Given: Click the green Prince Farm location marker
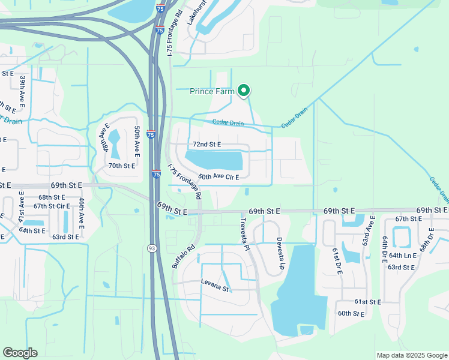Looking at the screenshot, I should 244,91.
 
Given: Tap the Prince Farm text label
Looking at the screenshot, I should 212,91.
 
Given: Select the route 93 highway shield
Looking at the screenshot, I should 153,248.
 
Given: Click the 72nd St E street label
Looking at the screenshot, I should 206,145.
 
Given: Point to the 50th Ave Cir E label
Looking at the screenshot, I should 218,177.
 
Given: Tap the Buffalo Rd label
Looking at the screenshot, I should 183,256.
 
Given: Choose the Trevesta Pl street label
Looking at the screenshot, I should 244,230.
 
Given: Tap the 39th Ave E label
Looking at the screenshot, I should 22,89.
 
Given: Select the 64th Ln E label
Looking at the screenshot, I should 403,255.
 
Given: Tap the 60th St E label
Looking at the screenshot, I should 352,313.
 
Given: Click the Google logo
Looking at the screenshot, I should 20,353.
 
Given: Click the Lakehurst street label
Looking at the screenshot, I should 191,13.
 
